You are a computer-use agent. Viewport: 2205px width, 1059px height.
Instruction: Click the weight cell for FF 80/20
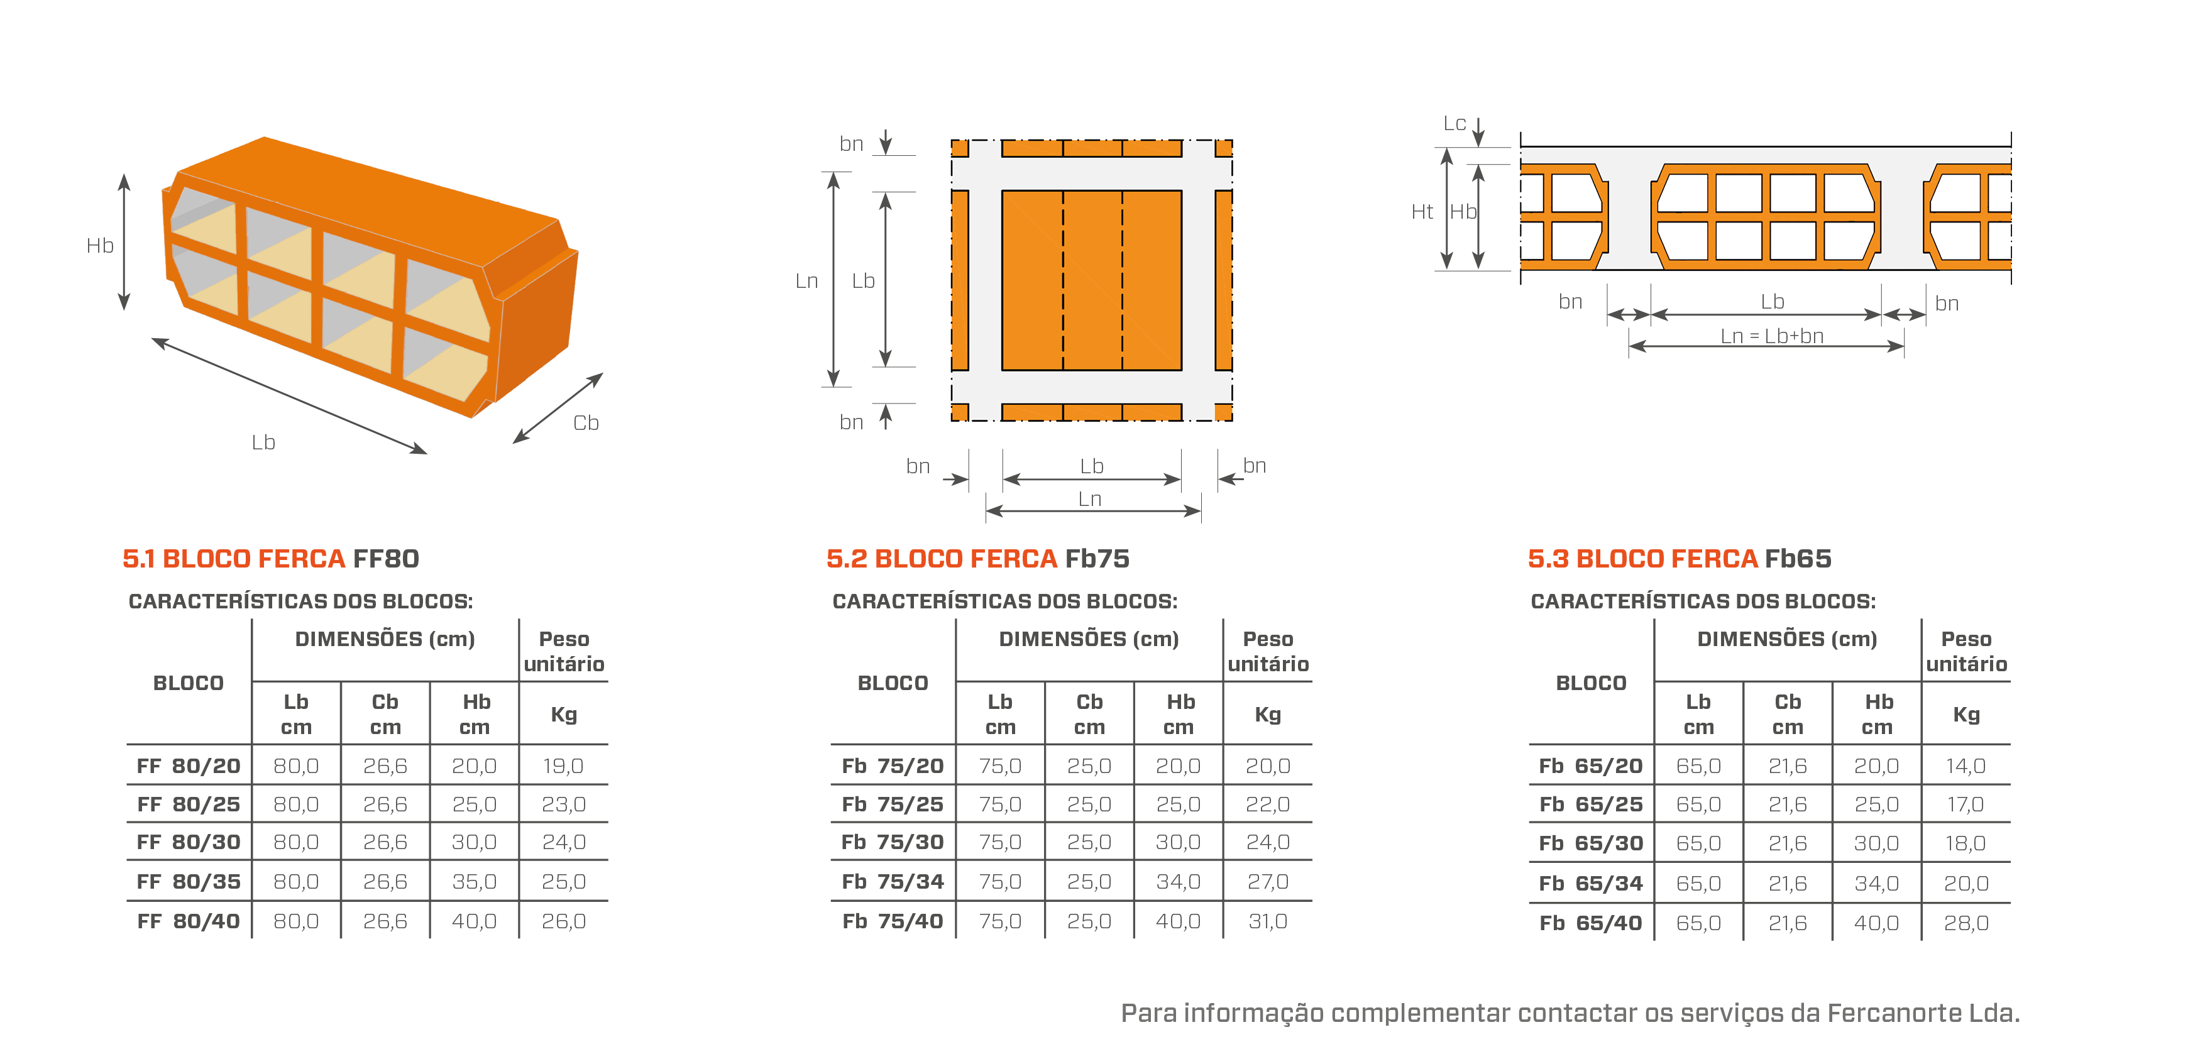563,765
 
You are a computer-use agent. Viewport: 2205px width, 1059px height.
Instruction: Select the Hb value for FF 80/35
473,881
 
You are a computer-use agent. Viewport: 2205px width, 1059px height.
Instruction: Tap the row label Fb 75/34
892,881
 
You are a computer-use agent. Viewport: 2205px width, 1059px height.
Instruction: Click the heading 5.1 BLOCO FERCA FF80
270,558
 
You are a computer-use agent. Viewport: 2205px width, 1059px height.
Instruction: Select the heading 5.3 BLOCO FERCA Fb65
1680,558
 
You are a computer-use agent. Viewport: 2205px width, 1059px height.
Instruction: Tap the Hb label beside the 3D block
100,246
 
